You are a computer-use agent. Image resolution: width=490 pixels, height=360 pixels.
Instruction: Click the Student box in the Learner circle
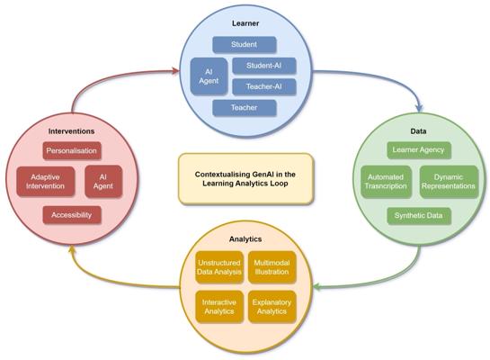point(245,45)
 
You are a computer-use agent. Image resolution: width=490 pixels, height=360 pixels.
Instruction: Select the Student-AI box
point(264,66)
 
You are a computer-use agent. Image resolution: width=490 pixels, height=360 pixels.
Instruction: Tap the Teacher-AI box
point(264,86)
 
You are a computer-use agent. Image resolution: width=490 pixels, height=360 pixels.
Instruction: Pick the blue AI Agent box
point(209,76)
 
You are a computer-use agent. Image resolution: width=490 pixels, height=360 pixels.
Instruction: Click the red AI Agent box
point(103,182)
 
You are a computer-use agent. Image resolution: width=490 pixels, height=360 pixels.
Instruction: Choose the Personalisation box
point(72,151)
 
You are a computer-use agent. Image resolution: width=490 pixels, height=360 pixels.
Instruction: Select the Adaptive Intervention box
point(45,182)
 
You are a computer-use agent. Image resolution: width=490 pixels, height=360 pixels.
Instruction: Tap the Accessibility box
point(72,215)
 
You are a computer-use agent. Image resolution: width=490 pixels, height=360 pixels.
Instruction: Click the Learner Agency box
point(419,150)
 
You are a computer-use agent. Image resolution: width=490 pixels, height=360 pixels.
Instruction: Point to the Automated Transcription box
point(386,182)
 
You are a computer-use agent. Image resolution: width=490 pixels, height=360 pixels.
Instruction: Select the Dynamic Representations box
point(449,182)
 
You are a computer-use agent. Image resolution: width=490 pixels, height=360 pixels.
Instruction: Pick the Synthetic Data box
point(419,216)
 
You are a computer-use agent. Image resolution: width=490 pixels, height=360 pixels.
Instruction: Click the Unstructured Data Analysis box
point(219,267)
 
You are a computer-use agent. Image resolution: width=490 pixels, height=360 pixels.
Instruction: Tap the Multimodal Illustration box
point(272,267)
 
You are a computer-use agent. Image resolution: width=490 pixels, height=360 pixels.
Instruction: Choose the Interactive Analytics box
point(219,307)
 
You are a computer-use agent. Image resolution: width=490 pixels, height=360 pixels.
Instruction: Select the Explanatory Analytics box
point(272,307)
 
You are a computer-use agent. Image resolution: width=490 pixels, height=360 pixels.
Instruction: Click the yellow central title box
point(245,179)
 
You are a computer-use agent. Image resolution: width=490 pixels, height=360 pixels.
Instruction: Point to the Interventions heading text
point(71,131)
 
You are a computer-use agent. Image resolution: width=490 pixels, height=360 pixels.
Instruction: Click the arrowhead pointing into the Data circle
point(419,109)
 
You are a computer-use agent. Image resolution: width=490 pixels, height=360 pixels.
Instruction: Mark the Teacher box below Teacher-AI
point(245,108)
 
